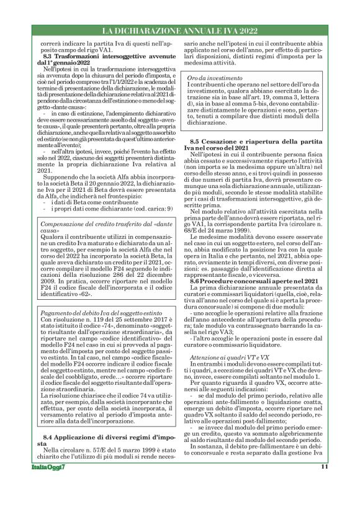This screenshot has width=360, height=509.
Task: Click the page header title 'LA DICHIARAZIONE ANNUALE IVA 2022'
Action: pyautogui.click(x=179, y=30)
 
